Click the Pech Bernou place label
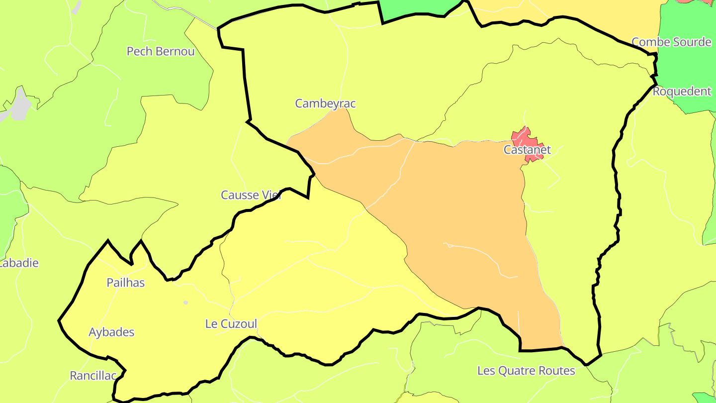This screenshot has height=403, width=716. (x=161, y=51)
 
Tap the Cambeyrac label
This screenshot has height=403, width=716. (x=325, y=103)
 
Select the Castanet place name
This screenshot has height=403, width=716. (x=527, y=150)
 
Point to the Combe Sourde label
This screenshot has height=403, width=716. (x=671, y=42)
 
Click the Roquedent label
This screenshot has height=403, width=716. (x=682, y=92)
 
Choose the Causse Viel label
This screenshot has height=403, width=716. (x=251, y=195)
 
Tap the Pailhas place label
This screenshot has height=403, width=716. (x=126, y=283)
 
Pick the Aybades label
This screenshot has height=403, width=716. (x=111, y=332)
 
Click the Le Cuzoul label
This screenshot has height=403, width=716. (x=231, y=324)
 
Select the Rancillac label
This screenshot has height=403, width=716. (x=93, y=376)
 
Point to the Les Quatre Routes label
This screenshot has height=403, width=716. (x=526, y=371)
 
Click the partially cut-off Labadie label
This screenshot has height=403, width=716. (x=19, y=263)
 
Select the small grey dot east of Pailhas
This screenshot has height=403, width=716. (x=185, y=302)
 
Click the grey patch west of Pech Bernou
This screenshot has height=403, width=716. (x=20, y=105)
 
